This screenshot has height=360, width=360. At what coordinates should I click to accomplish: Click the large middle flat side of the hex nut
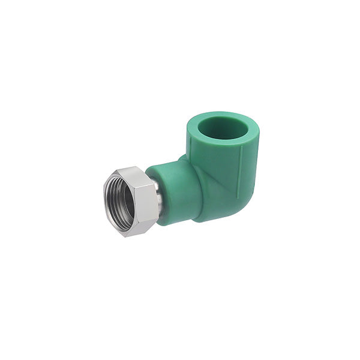coord(145,201)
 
